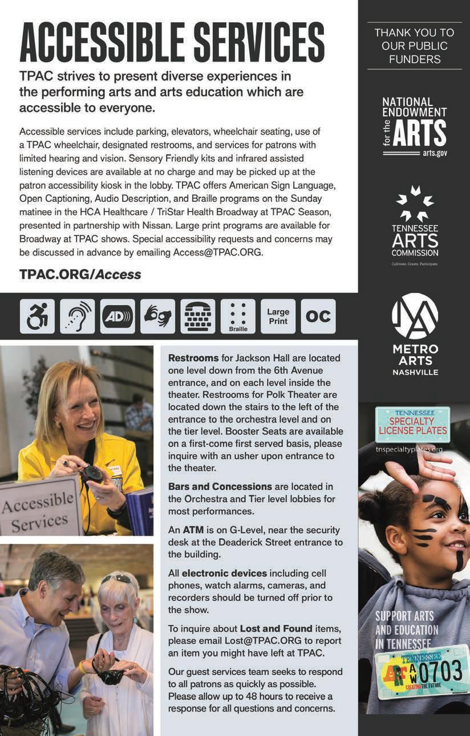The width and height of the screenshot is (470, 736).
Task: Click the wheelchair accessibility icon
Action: pyautogui.click(x=38, y=316)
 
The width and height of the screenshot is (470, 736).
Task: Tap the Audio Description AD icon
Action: pyautogui.click(x=117, y=316)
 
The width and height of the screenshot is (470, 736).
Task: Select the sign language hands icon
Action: pyautogui.click(x=157, y=316)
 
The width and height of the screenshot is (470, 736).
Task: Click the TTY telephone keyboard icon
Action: pyautogui.click(x=198, y=316)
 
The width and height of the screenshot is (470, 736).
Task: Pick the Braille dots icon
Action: pyautogui.click(x=238, y=316)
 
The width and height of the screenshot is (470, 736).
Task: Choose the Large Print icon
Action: pyautogui.click(x=278, y=316)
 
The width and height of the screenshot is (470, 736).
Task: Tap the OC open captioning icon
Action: pyautogui.click(x=318, y=316)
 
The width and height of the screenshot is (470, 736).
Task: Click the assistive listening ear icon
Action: pyautogui.click(x=78, y=316)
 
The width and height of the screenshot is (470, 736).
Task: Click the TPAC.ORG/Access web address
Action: pyautogui.click(x=80, y=274)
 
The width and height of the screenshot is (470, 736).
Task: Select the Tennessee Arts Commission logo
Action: pyautogui.click(x=415, y=225)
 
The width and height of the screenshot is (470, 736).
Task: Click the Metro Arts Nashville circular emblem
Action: pyautogui.click(x=415, y=316)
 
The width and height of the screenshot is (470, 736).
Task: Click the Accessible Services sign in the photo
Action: pyautogui.click(x=38, y=507)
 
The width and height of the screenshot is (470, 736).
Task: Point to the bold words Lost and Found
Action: pyautogui.click(x=276, y=628)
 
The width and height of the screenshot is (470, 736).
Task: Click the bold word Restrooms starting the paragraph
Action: pyautogui.click(x=193, y=358)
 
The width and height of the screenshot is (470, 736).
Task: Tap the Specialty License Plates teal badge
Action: pyautogui.click(x=412, y=424)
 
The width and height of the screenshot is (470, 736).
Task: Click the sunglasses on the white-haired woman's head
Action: pyautogui.click(x=117, y=579)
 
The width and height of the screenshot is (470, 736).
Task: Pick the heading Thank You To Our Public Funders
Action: pyautogui.click(x=415, y=46)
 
